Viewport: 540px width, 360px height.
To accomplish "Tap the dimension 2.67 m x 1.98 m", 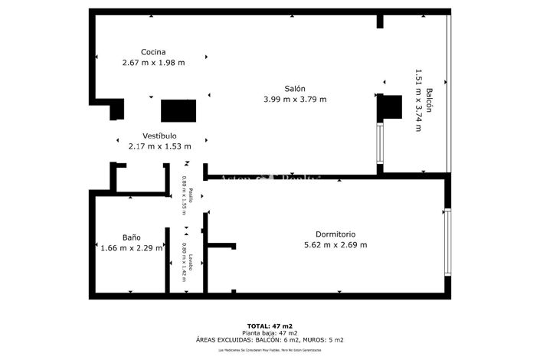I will click(x=153, y=63).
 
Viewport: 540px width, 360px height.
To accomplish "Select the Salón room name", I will click(x=294, y=88).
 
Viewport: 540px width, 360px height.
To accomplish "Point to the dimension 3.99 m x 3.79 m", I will click(x=295, y=99).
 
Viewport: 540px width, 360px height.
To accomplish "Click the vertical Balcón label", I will click(x=430, y=100).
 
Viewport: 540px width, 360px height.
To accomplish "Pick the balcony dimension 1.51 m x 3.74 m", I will click(x=418, y=100).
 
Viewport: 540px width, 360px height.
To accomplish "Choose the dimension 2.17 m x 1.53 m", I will click(x=159, y=146).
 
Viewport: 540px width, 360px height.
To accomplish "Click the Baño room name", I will click(x=132, y=237).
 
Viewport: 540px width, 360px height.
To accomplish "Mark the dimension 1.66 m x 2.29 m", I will click(x=132, y=247).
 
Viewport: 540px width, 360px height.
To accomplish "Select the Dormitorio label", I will click(x=335, y=234).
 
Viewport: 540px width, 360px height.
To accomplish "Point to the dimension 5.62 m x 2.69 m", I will click(x=335, y=245).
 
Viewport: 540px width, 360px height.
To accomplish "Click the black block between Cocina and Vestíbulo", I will click(x=178, y=111).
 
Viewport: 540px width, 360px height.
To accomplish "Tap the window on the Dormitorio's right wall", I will click(x=449, y=242).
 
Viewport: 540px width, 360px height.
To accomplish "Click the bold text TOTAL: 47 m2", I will click(x=270, y=326).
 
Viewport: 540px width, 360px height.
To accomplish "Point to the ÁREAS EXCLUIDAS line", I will click(x=270, y=339).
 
